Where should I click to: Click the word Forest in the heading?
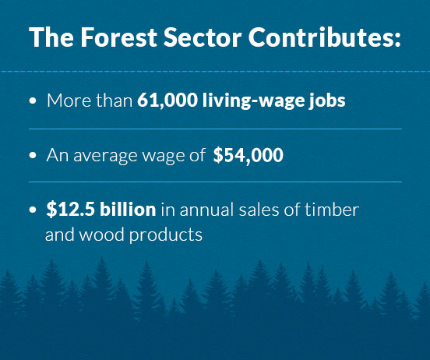[x=118, y=37]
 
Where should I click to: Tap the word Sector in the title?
[x=203, y=37]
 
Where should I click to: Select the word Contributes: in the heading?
[x=325, y=37]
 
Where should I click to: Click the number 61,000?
[x=167, y=101]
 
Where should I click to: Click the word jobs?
[x=327, y=101]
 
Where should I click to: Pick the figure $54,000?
[x=248, y=155]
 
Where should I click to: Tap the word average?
[x=105, y=156]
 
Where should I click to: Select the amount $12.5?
[x=70, y=209]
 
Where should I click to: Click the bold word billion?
[x=128, y=209]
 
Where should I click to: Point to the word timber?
[x=332, y=209]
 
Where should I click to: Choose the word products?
[x=166, y=235]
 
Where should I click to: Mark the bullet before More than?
[x=33, y=101]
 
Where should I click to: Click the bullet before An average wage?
[x=33, y=155]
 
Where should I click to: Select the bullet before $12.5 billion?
[x=33, y=210]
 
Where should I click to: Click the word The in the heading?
[x=51, y=37]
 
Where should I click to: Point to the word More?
[x=69, y=101]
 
